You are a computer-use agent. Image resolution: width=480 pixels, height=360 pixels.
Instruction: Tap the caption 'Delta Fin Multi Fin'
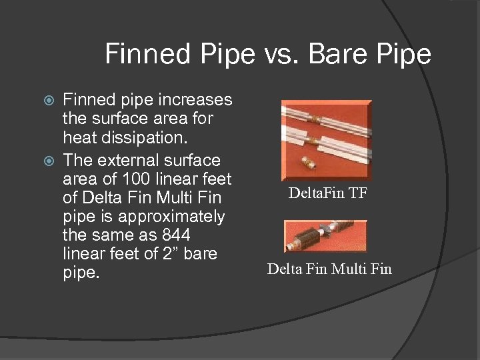(329, 269)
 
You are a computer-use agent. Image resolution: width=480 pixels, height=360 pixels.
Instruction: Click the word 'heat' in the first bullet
(77, 138)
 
